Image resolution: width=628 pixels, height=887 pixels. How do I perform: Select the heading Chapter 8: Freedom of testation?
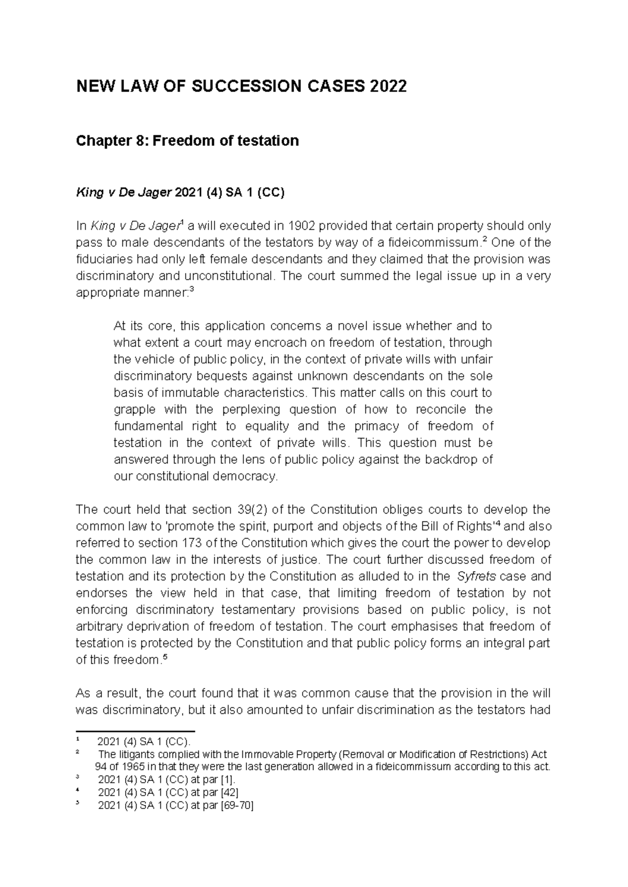[187, 141]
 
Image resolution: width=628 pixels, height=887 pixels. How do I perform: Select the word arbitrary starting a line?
[97, 627]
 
